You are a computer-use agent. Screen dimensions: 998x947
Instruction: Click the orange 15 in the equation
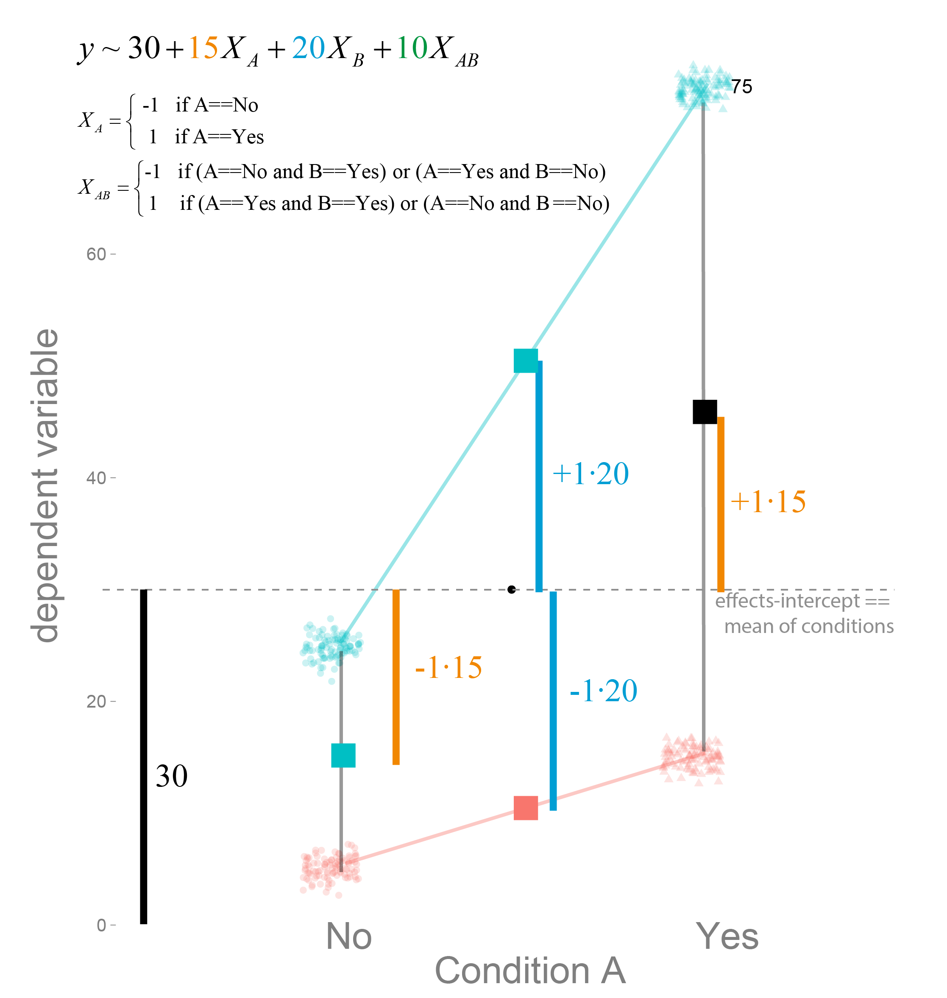[x=203, y=49]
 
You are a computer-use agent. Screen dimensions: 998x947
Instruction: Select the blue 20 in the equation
[x=308, y=49]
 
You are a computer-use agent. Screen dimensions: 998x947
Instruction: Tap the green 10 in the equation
[x=412, y=49]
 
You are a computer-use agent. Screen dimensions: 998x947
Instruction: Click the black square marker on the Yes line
[x=705, y=412]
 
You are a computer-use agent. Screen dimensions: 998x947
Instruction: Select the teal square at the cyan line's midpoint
[x=526, y=361]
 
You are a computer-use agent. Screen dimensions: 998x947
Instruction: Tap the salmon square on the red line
[x=526, y=808]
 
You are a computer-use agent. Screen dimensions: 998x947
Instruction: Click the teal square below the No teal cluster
[x=343, y=755]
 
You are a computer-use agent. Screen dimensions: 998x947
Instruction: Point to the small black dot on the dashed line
[x=511, y=589]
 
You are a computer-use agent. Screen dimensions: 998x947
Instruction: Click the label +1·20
[x=590, y=474]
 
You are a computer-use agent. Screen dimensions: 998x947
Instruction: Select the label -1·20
[x=603, y=691]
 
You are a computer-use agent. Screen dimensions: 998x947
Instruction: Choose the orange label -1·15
[x=448, y=667]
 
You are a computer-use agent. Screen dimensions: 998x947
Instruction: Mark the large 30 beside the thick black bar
[x=172, y=776]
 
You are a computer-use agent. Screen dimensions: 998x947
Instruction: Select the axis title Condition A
[x=530, y=971]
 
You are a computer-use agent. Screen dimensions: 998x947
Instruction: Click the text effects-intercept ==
[x=802, y=601]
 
